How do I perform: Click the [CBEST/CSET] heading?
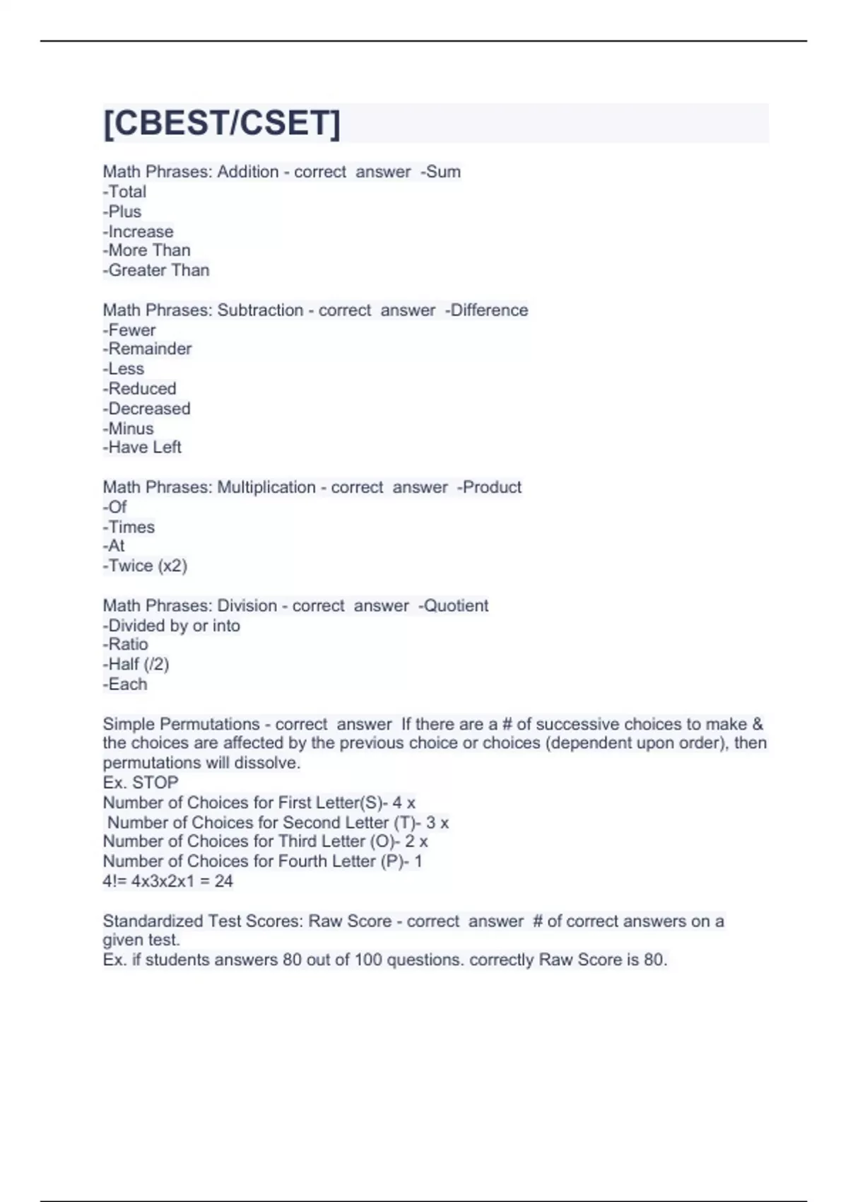[222, 123]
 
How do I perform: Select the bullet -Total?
[125, 192]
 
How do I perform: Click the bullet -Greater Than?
[156, 270]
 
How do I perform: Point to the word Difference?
[489, 310]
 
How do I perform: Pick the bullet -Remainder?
[148, 349]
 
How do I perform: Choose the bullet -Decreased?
[147, 409]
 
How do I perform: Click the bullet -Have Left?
[143, 448]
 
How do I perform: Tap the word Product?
[492, 487]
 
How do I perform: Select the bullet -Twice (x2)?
[146, 566]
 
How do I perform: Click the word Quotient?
[456, 606]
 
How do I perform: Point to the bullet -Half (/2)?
[136, 665]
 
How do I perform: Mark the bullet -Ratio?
[126, 645]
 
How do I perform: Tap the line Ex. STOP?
[141, 783]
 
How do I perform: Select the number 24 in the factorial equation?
[223, 881]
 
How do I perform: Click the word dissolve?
[272, 763]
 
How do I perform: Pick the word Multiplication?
[266, 487]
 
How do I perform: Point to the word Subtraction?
[260, 310]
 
